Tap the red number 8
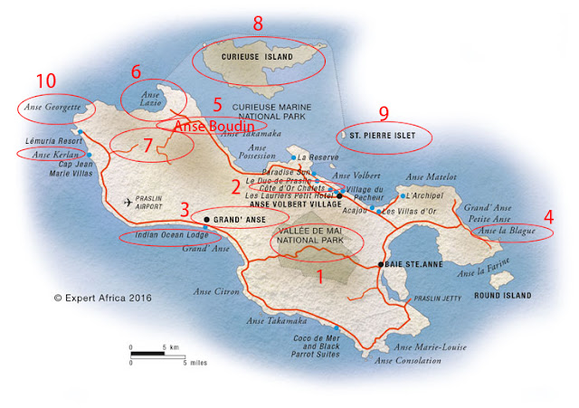[258, 24]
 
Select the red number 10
[45, 81]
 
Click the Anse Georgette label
[52, 108]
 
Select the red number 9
[384, 113]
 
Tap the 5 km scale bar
[147, 348]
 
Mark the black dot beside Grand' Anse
[207, 219]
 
